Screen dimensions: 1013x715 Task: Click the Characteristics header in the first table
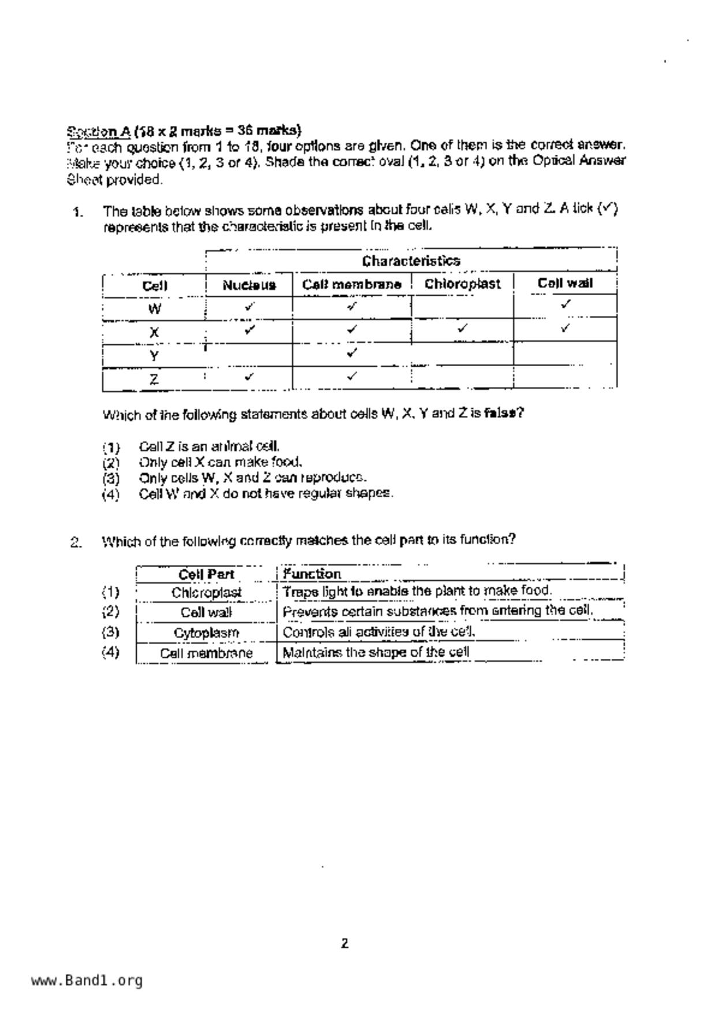[x=411, y=261]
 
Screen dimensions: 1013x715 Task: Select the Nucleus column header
[x=249, y=285]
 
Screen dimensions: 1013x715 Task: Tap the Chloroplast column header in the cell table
[x=462, y=284]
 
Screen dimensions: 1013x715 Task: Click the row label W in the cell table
[x=154, y=309]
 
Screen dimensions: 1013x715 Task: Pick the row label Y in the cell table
[x=154, y=356]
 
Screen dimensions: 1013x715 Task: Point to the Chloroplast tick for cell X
[x=462, y=329]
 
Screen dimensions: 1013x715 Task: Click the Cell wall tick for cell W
[x=566, y=304]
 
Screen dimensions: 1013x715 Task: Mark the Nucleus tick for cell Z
[x=249, y=377]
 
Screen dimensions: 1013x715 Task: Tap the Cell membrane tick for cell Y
[x=352, y=352]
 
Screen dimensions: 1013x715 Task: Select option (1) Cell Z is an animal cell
[x=209, y=446]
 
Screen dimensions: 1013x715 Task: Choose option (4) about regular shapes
[x=265, y=494]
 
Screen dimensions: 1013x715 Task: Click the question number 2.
[x=76, y=542]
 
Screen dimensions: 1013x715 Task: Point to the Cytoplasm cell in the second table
[x=206, y=633]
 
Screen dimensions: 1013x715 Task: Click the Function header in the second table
[x=312, y=574]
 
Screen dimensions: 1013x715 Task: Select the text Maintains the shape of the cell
[x=376, y=653]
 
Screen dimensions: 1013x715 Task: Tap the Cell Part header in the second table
[x=206, y=575]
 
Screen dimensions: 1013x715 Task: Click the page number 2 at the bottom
[x=345, y=944]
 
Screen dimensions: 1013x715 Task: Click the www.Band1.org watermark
[x=87, y=981]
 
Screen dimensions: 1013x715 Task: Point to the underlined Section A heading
[x=99, y=130]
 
